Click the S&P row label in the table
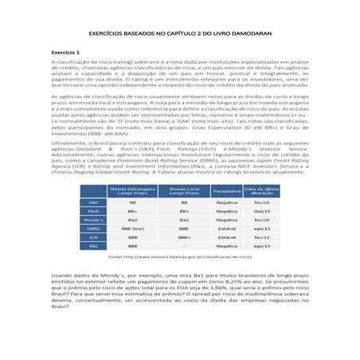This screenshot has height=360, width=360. [x=93, y=202]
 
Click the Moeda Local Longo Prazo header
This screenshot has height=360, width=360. [x=184, y=191]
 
